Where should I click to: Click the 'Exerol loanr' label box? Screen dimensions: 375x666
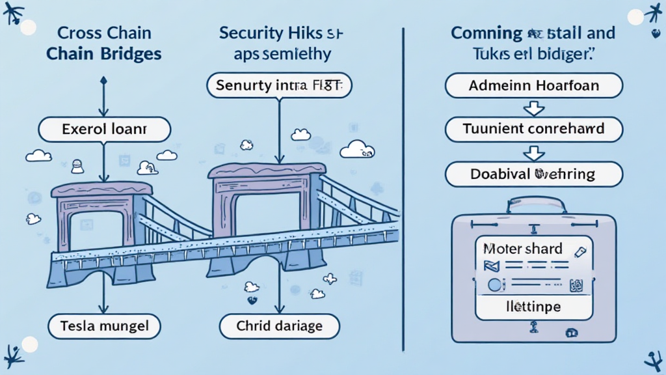pos(104,130)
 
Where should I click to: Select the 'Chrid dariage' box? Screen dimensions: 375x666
pos(279,326)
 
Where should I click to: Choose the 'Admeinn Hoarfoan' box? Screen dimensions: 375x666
pos(533,86)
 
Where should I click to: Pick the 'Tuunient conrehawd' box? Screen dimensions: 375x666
pos(533,130)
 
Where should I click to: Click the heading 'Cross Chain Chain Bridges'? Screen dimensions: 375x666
pos(103,43)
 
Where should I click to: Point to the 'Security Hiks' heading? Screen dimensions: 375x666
pos(280,33)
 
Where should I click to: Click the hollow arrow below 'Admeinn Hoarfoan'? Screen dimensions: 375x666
pos(533,107)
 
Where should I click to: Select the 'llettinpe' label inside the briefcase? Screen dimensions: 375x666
pos(534,307)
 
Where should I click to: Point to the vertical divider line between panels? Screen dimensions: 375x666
pos(404,189)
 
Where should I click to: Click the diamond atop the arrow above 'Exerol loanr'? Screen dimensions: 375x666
pos(103,80)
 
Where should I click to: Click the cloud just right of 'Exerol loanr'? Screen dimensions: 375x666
pos(167,156)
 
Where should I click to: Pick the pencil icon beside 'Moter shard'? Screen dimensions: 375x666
pos(580,251)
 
